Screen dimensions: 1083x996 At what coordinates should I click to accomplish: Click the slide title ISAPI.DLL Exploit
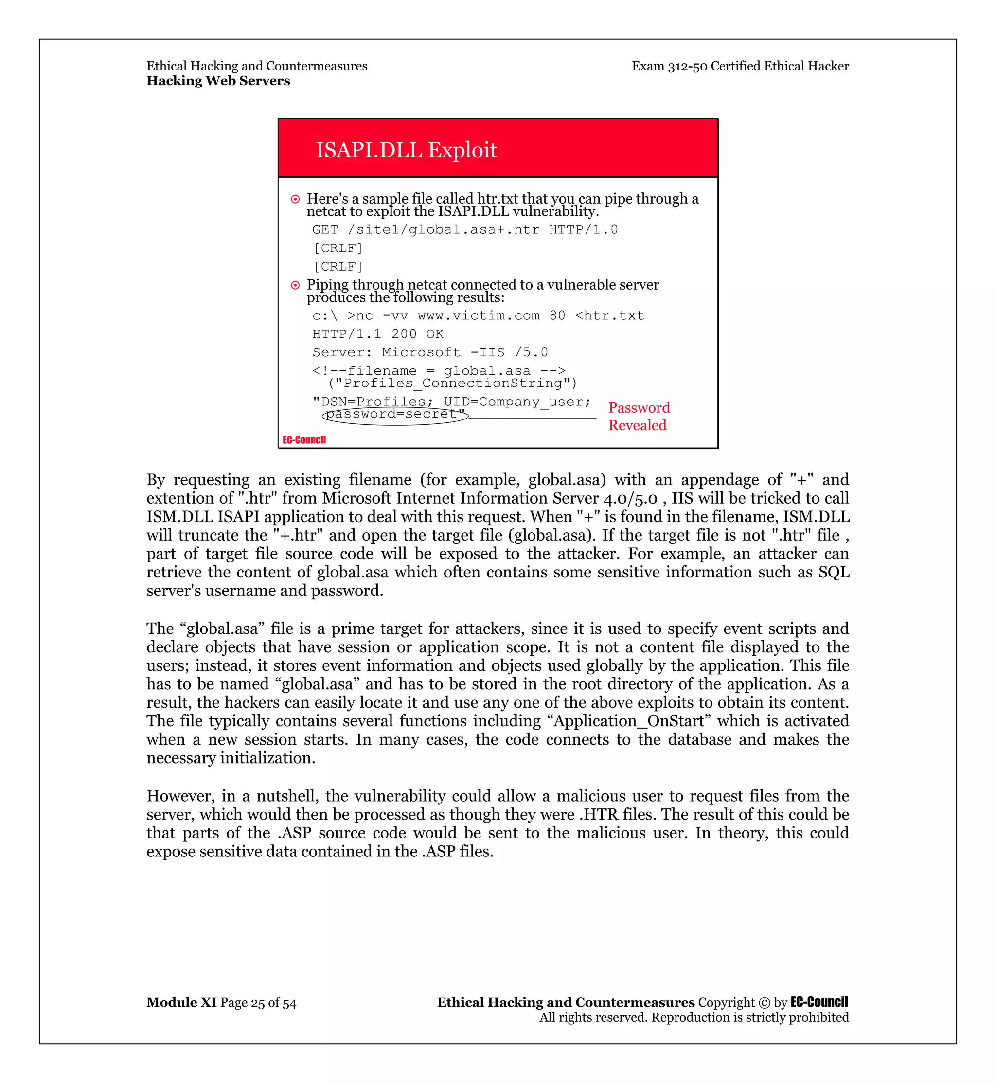coord(406,150)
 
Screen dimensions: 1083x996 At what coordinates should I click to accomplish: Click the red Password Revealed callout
coord(639,417)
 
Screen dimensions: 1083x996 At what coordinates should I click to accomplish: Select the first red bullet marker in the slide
coord(295,199)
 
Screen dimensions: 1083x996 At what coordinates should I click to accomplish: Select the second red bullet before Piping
coord(295,285)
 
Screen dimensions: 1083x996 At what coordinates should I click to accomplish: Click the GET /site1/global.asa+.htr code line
coord(464,230)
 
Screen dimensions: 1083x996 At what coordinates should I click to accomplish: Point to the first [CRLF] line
coord(338,248)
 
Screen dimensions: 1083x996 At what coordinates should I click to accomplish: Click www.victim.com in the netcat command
coord(479,316)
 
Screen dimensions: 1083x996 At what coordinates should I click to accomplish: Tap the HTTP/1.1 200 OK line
coord(378,334)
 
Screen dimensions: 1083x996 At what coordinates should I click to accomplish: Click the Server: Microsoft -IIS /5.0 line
coord(430,352)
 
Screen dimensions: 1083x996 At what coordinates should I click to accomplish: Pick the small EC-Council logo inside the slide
coord(304,440)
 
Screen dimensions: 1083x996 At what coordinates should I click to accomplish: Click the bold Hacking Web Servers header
coord(218,81)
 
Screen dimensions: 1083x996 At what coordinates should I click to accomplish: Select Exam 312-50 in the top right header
coord(669,66)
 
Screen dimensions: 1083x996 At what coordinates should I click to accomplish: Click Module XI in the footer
coord(181,1003)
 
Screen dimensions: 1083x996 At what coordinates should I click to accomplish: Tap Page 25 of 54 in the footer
coord(258,1003)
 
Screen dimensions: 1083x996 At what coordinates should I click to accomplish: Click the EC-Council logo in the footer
coord(818,1002)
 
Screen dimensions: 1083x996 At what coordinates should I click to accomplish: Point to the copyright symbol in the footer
coord(764,1003)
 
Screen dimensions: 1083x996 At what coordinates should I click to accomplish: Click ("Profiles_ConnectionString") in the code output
coord(452,384)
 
